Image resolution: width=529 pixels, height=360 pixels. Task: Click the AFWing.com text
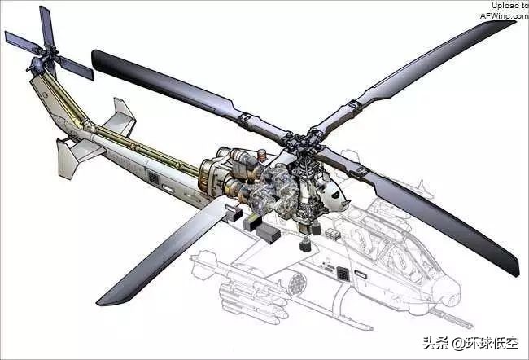(x=505, y=15)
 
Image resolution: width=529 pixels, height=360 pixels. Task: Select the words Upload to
(x=509, y=6)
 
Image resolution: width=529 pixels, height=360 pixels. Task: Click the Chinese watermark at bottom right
(x=470, y=344)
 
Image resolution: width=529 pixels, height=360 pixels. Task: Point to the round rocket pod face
(x=297, y=283)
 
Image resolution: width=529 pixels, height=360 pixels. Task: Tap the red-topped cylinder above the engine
(x=262, y=156)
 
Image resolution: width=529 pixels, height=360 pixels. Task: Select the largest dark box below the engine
(x=268, y=233)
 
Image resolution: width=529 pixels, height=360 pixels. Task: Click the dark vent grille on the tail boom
(x=154, y=178)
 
